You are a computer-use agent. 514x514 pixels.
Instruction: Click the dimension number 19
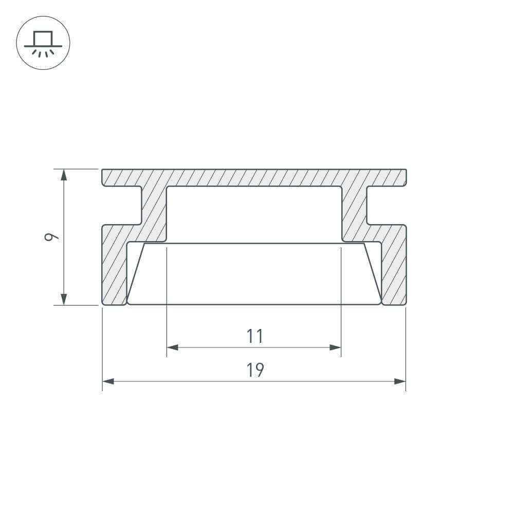(255, 370)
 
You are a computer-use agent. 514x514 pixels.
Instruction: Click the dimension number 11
(255, 336)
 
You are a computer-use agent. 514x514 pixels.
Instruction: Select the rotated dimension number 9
(51, 237)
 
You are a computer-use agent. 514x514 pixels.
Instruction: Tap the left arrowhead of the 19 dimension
(108, 381)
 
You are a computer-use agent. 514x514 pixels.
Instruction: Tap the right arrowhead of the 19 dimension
(400, 381)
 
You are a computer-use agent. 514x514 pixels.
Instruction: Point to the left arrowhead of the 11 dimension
(172, 347)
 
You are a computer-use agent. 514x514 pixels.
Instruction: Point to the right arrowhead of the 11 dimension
(335, 347)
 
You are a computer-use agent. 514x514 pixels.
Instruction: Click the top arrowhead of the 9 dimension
(64, 175)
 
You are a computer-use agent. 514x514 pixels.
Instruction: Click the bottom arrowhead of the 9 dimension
(64, 299)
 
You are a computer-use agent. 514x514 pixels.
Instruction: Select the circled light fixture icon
(43, 43)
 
